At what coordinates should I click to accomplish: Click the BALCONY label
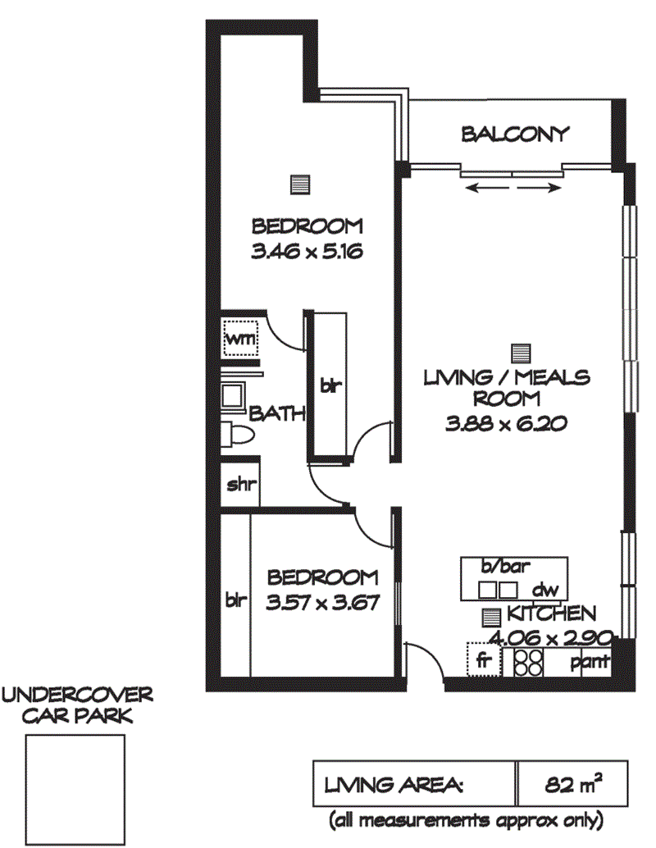coord(515,134)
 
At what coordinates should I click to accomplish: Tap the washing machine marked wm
coord(240,339)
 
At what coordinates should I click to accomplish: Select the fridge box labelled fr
coord(484,659)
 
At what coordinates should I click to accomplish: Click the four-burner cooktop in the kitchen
coord(528,662)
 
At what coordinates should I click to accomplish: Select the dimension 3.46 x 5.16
coord(307,252)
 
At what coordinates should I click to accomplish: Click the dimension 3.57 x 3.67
coord(322,602)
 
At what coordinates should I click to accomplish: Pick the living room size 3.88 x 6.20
coord(506,423)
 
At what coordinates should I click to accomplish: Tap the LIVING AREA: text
coord(394,785)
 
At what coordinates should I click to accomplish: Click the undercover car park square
coord(75,789)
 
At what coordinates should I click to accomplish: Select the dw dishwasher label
coord(545,589)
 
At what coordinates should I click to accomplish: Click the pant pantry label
coord(590,661)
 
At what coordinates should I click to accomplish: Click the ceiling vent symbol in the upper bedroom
coord(300,185)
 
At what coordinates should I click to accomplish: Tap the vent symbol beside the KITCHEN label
coord(491,617)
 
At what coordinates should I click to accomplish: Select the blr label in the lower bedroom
coord(236,600)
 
